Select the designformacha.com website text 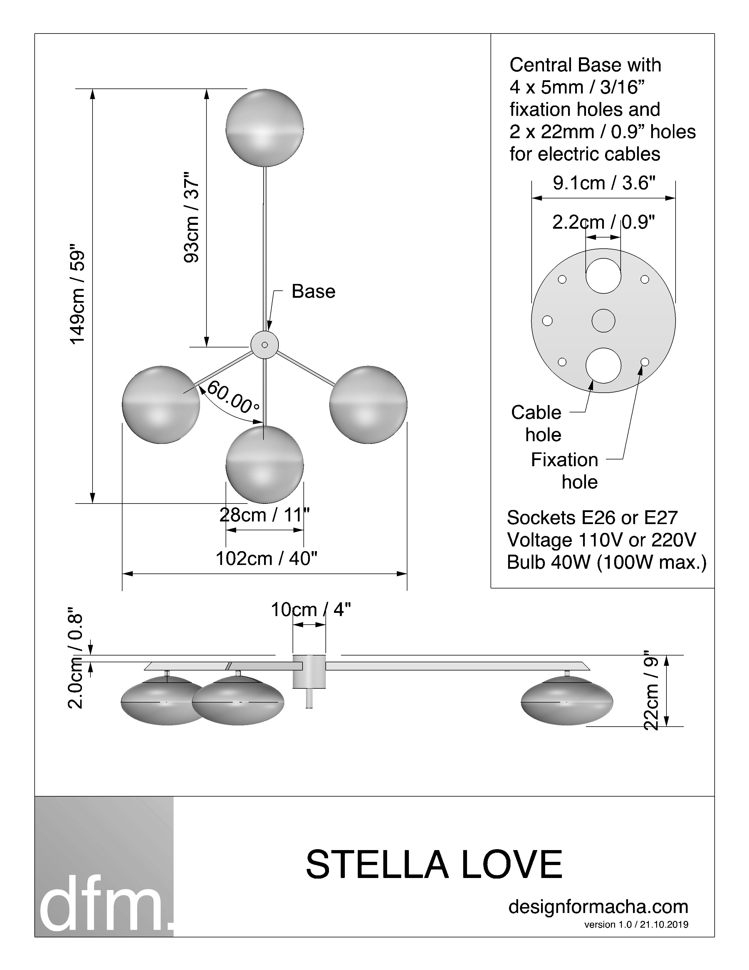[x=598, y=907]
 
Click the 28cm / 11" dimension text [x=264, y=515]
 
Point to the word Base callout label [x=313, y=291]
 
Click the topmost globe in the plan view [x=264, y=128]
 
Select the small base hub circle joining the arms [x=264, y=345]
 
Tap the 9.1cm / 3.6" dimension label [x=604, y=183]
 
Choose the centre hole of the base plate [x=604, y=321]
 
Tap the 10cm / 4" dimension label [x=310, y=610]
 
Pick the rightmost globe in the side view [x=567, y=700]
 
